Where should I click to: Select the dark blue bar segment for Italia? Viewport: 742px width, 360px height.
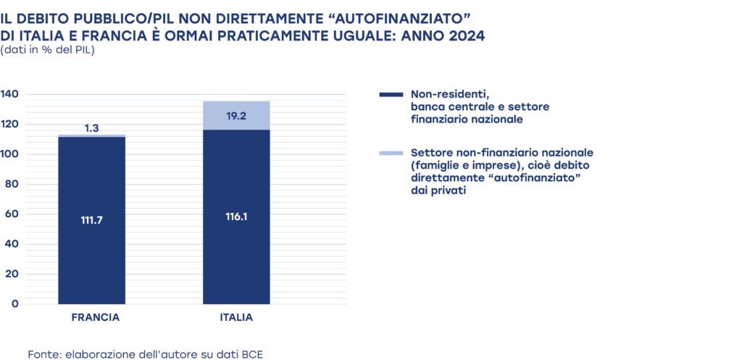click(x=236, y=254)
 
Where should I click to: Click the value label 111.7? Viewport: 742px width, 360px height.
click(x=91, y=220)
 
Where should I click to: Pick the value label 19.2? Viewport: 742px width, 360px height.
click(x=236, y=114)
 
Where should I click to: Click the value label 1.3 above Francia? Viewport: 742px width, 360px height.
click(x=91, y=128)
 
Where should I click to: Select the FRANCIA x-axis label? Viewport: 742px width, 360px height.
click(x=96, y=318)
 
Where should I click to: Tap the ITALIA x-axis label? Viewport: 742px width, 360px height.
click(x=236, y=318)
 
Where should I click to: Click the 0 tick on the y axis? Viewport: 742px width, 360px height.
click(x=14, y=304)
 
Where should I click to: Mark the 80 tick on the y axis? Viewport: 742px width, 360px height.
click(x=12, y=184)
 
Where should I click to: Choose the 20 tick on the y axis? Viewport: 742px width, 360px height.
click(x=12, y=274)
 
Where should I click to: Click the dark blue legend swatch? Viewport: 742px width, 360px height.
click(x=391, y=94)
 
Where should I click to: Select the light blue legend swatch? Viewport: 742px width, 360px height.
click(x=391, y=154)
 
